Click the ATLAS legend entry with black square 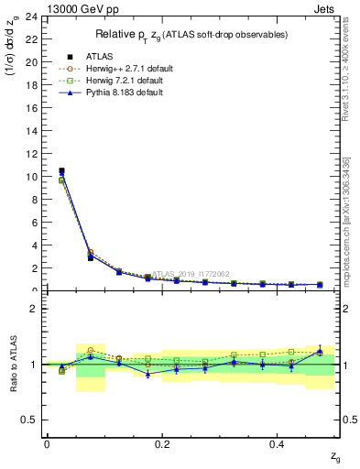click(99, 56)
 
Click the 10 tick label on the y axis click(33, 177)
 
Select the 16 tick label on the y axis click(33, 108)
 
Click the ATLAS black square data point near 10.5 click(61, 170)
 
